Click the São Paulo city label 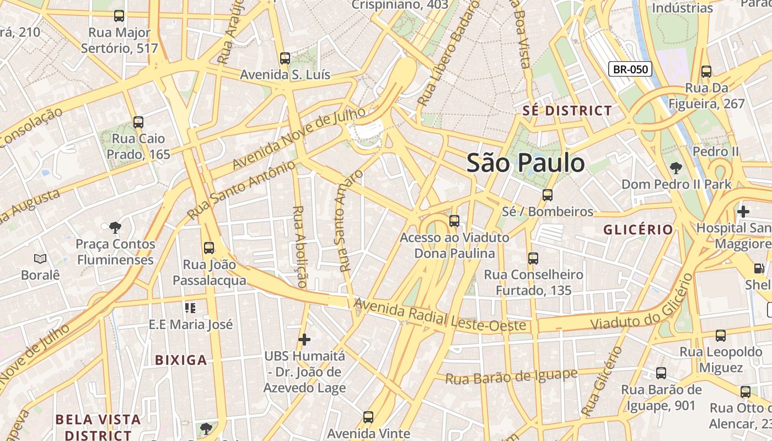526,163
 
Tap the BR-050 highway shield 630,69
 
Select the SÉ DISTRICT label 567,111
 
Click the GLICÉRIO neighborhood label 638,230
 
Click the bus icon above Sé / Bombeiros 547,195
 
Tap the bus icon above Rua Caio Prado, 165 138,122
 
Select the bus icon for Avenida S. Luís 285,58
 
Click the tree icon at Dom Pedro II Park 676,168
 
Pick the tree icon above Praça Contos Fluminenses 115,227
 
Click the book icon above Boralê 40,259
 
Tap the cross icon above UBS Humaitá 304,340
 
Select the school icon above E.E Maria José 190,308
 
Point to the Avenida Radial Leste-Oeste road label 439,315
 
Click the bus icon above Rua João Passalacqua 209,248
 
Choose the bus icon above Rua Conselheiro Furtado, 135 533,259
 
